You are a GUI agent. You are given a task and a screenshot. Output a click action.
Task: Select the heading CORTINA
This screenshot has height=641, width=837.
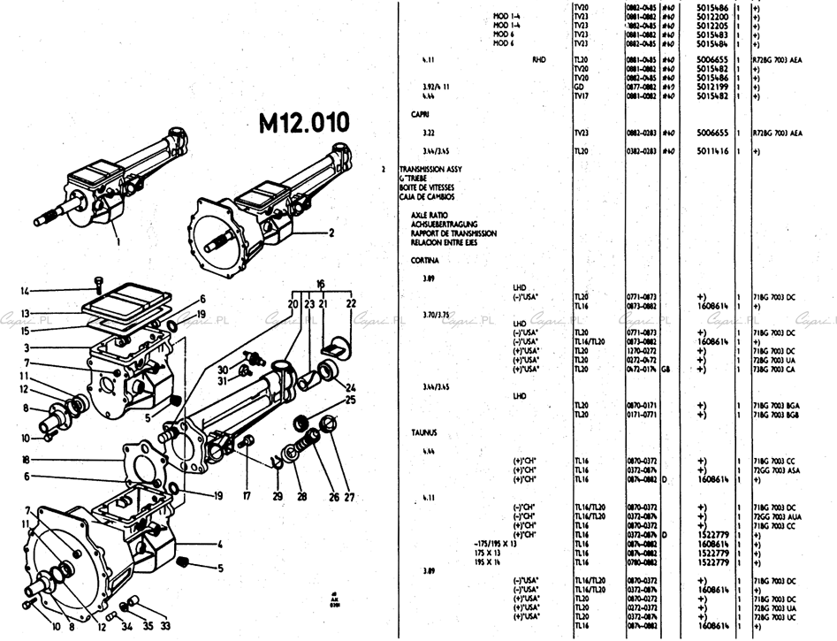(426, 261)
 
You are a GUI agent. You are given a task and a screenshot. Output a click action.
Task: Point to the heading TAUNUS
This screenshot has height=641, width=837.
(424, 432)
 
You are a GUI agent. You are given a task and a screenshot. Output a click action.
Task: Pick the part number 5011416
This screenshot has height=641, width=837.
(712, 151)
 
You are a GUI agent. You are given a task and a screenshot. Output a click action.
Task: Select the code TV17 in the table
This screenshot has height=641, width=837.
(581, 95)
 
